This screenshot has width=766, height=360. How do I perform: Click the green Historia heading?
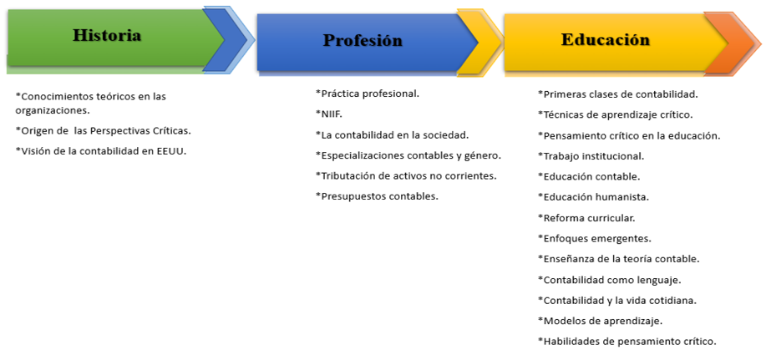pos(107,35)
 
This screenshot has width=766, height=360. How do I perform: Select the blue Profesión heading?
pos(363,40)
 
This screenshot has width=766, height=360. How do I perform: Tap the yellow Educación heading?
pos(606,39)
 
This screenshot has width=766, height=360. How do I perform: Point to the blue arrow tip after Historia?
pos(230,39)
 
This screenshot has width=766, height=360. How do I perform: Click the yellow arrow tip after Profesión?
pos(481,43)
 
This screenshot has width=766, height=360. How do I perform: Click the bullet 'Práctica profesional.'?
pos(368,94)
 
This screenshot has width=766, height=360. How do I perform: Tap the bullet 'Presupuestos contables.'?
pos(377,196)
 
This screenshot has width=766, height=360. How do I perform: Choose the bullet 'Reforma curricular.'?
pos(586,218)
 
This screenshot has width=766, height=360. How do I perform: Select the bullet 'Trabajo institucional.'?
pos(591,156)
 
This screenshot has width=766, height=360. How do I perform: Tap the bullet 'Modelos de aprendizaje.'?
pos(600,321)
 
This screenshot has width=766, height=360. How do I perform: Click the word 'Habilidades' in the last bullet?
pos(568,342)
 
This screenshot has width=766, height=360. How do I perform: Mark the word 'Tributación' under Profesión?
pos(345,176)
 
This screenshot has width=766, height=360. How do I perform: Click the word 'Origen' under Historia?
pos(33,131)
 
